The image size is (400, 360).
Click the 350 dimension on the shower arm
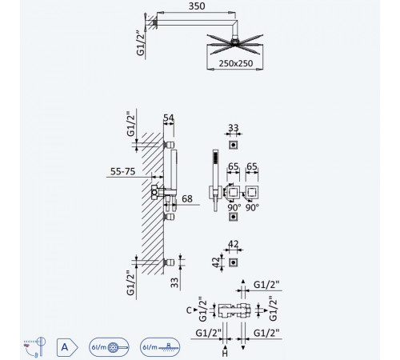point(197,6)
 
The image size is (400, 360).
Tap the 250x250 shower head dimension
point(236,63)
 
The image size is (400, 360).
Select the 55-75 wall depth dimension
point(122,171)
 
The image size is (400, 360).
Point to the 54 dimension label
point(169,118)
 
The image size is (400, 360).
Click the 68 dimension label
point(187,198)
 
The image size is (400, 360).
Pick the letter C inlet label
point(189,310)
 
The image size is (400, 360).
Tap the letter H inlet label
point(225,354)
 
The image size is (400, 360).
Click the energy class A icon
point(67,347)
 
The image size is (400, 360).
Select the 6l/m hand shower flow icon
point(109,347)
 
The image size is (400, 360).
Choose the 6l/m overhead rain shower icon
point(160,347)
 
